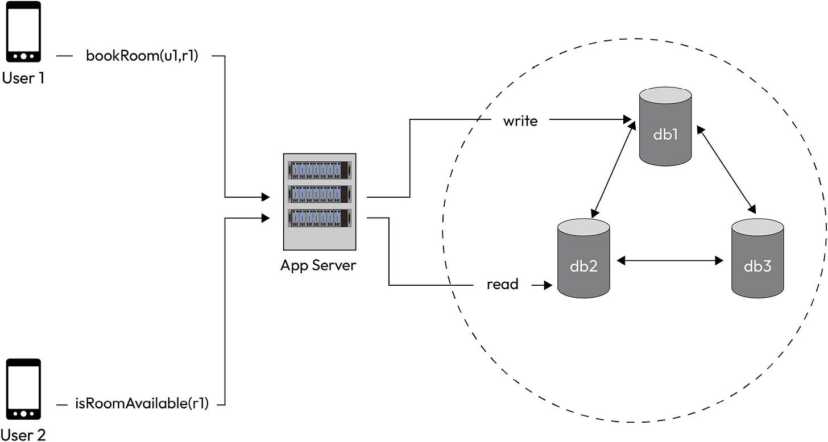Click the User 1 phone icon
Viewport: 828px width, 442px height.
tap(23, 31)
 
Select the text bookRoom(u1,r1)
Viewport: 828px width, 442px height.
tap(142, 56)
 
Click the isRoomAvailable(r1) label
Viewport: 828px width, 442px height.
tap(142, 405)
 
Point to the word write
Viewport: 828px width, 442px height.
tap(520, 120)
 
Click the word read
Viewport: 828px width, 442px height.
tap(503, 284)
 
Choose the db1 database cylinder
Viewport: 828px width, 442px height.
tap(665, 126)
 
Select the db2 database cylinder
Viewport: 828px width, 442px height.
tap(583, 259)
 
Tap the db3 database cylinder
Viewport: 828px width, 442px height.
tap(757, 259)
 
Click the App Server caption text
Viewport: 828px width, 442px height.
tap(318, 265)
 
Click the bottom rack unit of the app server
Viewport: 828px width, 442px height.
tap(319, 218)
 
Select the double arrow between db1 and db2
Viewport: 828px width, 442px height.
tap(613, 169)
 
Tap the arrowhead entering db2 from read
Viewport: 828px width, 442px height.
tap(547, 285)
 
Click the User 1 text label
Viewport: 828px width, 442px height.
tap(23, 78)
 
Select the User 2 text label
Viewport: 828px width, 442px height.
tap(23, 435)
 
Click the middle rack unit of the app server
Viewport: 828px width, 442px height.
tap(319, 194)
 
